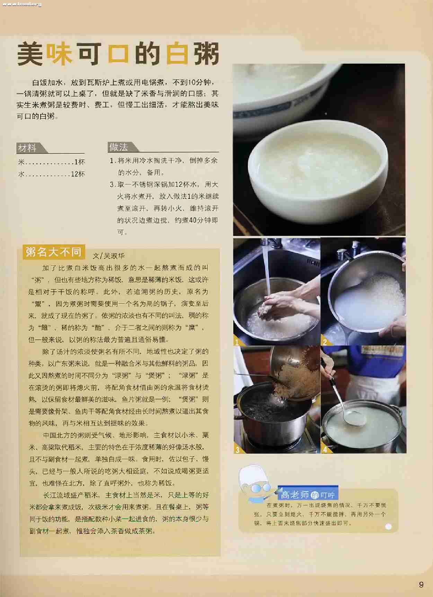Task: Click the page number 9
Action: click(421, 585)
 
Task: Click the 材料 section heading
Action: click(27, 148)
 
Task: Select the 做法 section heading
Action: click(118, 147)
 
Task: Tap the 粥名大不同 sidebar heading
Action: click(53, 252)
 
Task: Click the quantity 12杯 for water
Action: click(78, 174)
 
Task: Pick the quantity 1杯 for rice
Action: click(80, 162)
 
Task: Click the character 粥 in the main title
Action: click(206, 54)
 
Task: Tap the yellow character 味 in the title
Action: click(60, 54)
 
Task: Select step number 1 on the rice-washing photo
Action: click(237, 342)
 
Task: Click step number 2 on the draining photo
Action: click(325, 342)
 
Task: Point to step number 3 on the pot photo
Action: click(237, 450)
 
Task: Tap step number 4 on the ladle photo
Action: click(325, 450)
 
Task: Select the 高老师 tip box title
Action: click(294, 495)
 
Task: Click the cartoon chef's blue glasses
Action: click(262, 488)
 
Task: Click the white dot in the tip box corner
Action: click(388, 526)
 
